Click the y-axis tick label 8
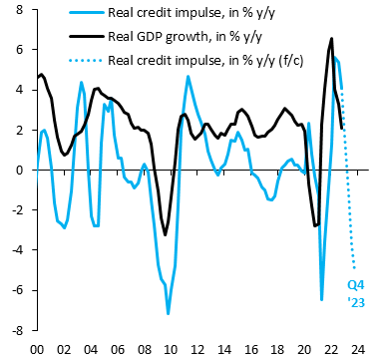[x=21, y=10]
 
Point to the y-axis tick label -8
[x=18, y=330]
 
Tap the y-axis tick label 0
[x=21, y=170]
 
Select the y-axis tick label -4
[x=18, y=250]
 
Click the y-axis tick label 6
[x=21, y=50]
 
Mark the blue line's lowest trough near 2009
[x=168, y=314]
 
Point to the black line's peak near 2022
[x=331, y=39]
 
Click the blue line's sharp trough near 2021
[x=321, y=299]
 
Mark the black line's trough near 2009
[x=166, y=235]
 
